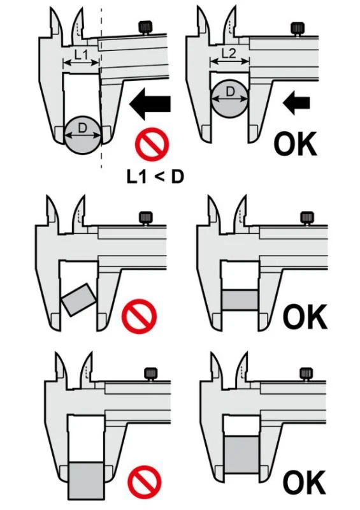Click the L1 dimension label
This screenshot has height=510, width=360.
pos(81,55)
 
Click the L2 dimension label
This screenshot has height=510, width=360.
pos(229,53)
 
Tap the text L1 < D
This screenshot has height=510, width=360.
pos(155,177)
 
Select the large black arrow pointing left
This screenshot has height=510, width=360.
pos(150,104)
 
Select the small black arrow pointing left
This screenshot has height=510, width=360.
pos(296,103)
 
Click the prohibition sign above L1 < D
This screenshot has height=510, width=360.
pos(152,144)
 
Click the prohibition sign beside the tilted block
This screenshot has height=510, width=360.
pos(139,316)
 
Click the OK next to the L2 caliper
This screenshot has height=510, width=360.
pos(295,143)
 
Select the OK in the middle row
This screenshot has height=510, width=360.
pos(305,316)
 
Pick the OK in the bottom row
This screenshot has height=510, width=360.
pos(304,483)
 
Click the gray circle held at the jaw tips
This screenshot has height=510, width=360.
pos(83,135)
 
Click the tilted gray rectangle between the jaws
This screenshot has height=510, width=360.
pos(79,300)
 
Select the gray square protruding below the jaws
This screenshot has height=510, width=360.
pos(87,481)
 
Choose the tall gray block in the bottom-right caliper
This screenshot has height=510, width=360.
pos(241,454)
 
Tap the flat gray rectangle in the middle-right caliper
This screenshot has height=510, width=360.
pos(241,300)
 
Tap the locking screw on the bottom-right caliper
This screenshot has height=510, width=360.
pos(306,374)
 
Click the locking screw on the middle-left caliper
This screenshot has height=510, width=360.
pos(146,218)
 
